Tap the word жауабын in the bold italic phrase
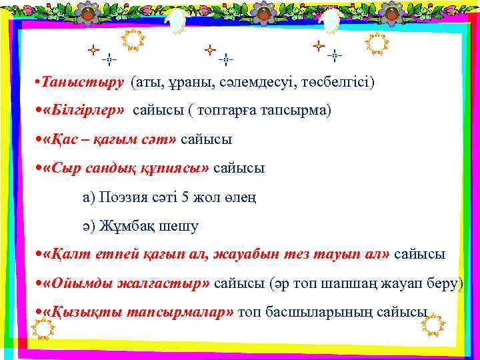[x=221, y=255]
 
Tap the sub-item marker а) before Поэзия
[x=89, y=197]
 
